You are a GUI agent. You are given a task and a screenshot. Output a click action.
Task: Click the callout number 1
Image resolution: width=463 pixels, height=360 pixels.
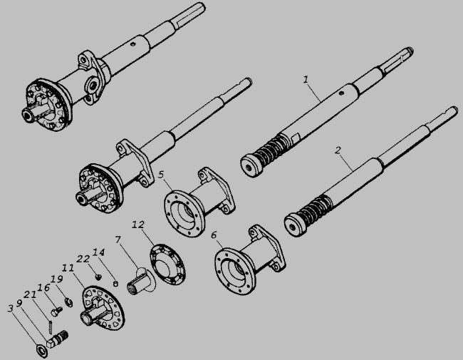pos(306,80)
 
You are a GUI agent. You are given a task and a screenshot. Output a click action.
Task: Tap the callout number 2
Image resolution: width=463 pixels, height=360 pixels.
pos(338,150)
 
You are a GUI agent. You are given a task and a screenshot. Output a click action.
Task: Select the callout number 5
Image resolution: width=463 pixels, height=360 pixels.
pos(161,175)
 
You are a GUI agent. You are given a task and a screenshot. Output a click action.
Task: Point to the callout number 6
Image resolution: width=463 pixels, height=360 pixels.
pos(214,235)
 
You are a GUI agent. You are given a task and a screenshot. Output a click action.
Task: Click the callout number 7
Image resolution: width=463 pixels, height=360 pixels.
pos(118,240)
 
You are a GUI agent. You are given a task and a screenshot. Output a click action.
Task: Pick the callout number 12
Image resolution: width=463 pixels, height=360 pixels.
pos(138,225)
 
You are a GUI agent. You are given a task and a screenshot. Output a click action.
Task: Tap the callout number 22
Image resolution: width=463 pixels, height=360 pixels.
pos(83,259)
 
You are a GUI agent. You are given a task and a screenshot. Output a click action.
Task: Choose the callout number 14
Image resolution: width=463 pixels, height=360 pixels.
pos(98,252)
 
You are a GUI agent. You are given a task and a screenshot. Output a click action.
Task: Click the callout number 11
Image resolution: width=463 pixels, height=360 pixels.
pos(68,268)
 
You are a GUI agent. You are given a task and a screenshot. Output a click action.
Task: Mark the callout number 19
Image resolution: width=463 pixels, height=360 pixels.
pos(57,279)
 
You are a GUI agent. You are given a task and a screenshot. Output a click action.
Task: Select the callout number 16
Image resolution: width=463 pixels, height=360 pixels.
pos(43,287)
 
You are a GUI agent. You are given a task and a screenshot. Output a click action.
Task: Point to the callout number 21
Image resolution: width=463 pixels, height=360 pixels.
pos(30,294)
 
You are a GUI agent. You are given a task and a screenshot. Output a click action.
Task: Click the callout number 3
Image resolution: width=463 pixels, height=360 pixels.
pos(11,309)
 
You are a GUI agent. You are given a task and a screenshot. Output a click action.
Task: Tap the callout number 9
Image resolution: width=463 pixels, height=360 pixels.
pos(19,303)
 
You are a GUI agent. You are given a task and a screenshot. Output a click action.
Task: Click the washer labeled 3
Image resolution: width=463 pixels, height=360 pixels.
pos(41,351)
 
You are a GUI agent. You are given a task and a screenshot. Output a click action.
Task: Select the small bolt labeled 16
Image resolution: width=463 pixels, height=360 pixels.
pos(57,312)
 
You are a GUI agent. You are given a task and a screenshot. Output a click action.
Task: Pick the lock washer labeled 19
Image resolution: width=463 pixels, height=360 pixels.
pos(68,302)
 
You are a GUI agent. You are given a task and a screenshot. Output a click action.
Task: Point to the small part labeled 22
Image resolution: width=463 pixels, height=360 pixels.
pos(98,277)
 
